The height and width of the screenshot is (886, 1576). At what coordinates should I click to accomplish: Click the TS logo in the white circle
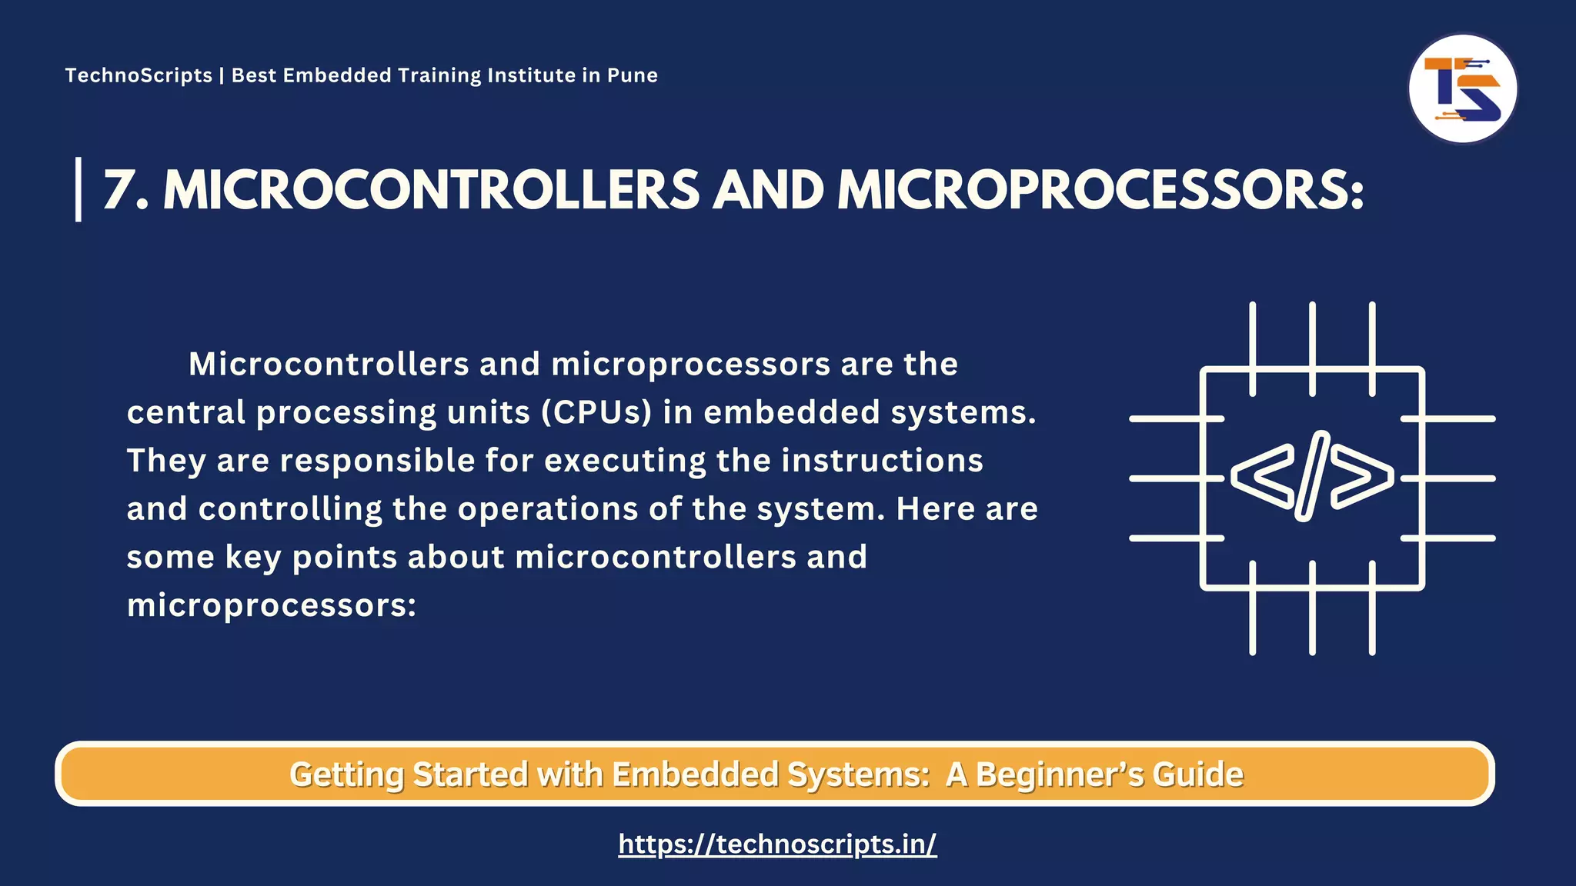pyautogui.click(x=1462, y=88)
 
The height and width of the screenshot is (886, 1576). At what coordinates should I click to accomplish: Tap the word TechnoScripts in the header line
pyautogui.click(x=139, y=75)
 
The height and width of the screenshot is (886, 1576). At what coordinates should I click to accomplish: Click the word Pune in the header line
pyautogui.click(x=633, y=75)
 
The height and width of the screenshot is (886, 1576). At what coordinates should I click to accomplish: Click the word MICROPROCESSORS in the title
pyautogui.click(x=1100, y=190)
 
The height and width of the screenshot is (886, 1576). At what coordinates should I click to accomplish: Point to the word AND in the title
pyautogui.click(x=768, y=190)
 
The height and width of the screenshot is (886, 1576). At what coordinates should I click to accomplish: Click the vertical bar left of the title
pyautogui.click(x=78, y=189)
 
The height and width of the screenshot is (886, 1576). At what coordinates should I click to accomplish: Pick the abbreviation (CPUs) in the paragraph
pyautogui.click(x=596, y=412)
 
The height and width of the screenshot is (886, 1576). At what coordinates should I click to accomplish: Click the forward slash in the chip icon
pyautogui.click(x=1312, y=476)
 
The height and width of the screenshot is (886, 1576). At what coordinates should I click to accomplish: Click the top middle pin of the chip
pyautogui.click(x=1312, y=348)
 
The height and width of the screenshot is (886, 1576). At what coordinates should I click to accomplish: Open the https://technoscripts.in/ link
pyautogui.click(x=777, y=844)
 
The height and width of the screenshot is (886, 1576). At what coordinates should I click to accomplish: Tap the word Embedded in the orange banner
pyautogui.click(x=695, y=774)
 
